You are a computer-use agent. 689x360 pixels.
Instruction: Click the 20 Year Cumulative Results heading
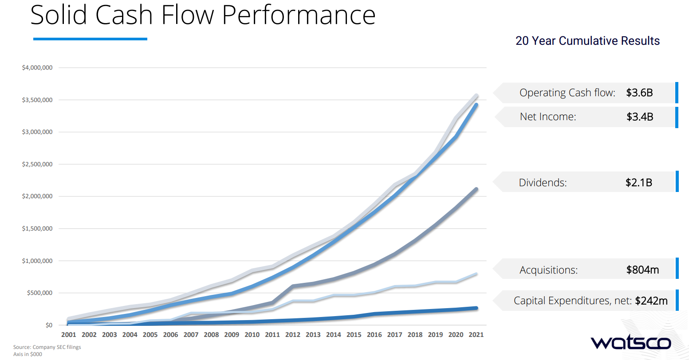point(587,41)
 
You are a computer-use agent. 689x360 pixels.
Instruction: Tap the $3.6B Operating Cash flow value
point(639,93)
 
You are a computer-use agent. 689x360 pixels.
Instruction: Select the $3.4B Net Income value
point(640,117)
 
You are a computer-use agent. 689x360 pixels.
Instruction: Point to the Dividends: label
point(543,183)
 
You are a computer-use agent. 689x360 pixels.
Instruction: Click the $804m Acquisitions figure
point(642,270)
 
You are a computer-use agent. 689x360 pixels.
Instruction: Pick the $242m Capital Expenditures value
point(651,301)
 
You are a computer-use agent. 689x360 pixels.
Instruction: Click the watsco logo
point(630,343)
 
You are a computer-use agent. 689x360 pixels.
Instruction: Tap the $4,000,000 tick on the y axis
point(37,68)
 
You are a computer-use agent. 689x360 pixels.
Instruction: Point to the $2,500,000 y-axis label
point(37,164)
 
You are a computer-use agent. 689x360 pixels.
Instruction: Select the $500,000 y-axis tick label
point(39,293)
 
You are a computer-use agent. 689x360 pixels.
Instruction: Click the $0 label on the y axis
point(49,325)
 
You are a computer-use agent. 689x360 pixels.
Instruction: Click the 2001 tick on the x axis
point(69,335)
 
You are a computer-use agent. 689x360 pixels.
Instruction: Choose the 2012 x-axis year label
point(293,335)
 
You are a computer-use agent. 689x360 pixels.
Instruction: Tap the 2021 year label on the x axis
point(476,335)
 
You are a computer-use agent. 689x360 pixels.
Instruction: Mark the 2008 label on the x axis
point(211,335)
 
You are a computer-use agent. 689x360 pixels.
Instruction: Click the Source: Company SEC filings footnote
point(47,347)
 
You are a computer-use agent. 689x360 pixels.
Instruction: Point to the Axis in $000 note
point(28,354)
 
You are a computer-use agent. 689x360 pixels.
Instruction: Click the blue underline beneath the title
point(90,39)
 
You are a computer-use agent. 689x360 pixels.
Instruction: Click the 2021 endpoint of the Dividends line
point(476,189)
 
